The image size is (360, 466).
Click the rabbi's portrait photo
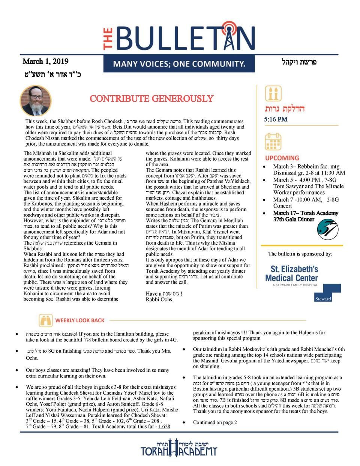35,101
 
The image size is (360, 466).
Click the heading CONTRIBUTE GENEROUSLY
151,99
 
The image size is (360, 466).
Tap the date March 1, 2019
46,62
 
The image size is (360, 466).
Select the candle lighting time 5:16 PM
276,119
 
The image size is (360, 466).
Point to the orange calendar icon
273,142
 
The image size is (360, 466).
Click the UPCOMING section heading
282,158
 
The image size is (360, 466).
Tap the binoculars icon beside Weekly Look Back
46,320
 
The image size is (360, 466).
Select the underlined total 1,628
164,427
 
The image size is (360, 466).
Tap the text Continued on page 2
215,422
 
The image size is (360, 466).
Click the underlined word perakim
202,332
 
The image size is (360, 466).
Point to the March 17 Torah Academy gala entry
305,216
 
